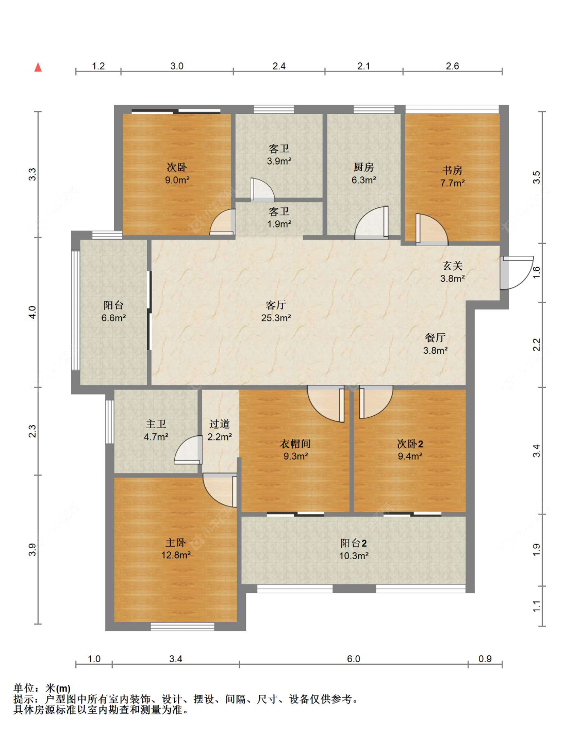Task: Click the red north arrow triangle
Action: pyautogui.click(x=38, y=68)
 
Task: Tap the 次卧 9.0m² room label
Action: pyautogui.click(x=177, y=173)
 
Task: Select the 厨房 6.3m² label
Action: pyautogui.click(x=364, y=173)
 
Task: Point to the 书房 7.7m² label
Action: pyautogui.click(x=452, y=176)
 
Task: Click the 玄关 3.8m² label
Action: pyautogui.click(x=452, y=272)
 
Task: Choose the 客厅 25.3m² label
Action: pyautogui.click(x=276, y=311)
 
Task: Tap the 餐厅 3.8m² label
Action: pyautogui.click(x=435, y=344)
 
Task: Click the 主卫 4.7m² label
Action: pyautogui.click(x=156, y=430)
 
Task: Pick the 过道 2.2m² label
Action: pyautogui.click(x=220, y=430)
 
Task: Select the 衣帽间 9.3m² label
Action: pyautogui.click(x=295, y=450)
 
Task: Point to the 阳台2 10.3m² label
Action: pyautogui.click(x=354, y=549)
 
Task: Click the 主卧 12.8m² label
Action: pyautogui.click(x=176, y=549)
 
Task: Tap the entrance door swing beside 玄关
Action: pyautogui.click(x=517, y=272)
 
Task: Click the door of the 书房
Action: pyautogui.click(x=432, y=229)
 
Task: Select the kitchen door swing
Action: pyautogui.click(x=371, y=222)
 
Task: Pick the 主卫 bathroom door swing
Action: pyautogui.click(x=188, y=450)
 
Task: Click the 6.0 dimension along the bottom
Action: pyautogui.click(x=354, y=659)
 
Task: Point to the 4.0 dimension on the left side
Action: pyautogui.click(x=32, y=312)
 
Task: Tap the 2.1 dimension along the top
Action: pyautogui.click(x=363, y=66)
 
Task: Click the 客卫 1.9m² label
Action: pyautogui.click(x=279, y=218)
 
